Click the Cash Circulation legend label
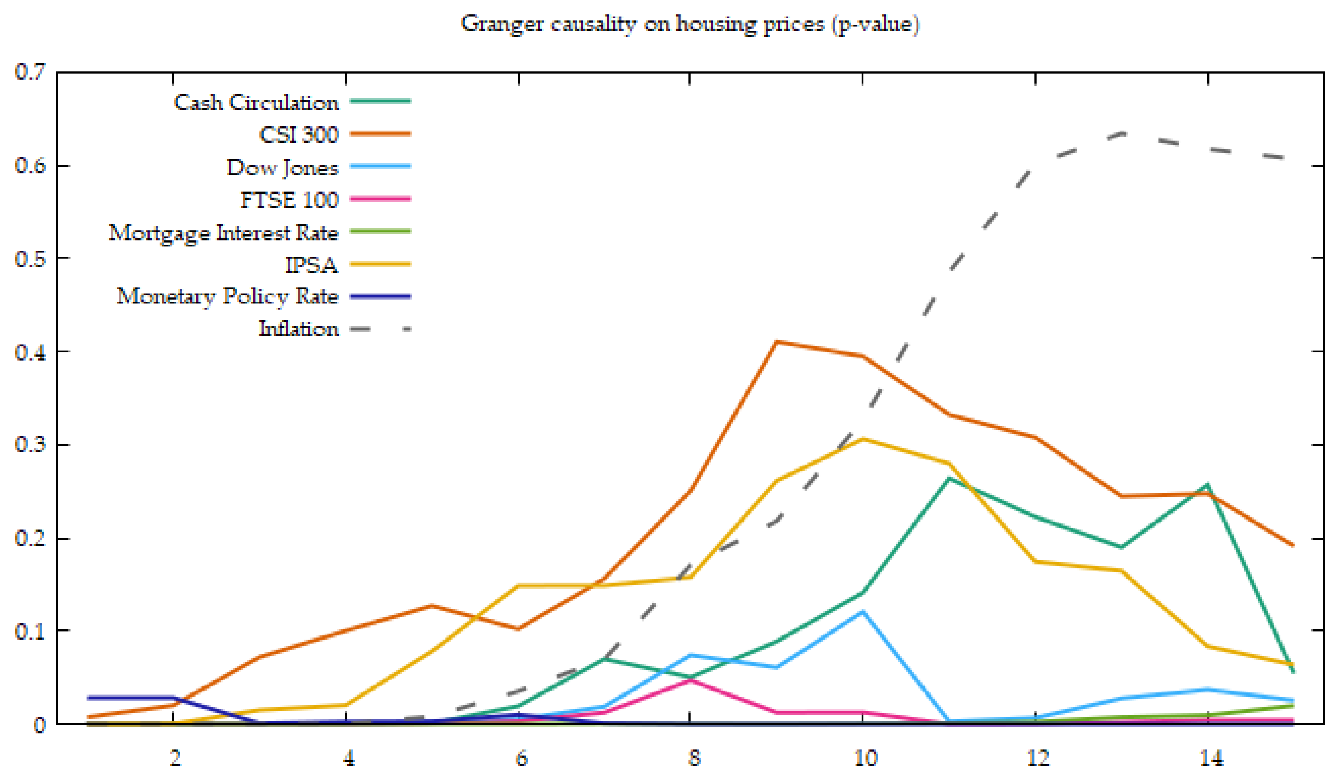[256, 102]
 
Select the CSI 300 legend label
[299, 135]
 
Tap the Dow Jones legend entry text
[282, 168]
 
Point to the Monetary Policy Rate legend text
[227, 296]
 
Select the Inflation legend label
[298, 329]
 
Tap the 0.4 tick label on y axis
[31, 352]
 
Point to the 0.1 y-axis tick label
[31, 631]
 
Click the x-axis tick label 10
[865, 759]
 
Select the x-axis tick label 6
[521, 759]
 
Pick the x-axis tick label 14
[1210, 759]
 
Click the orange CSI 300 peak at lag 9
[776, 342]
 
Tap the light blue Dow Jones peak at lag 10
[863, 612]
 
